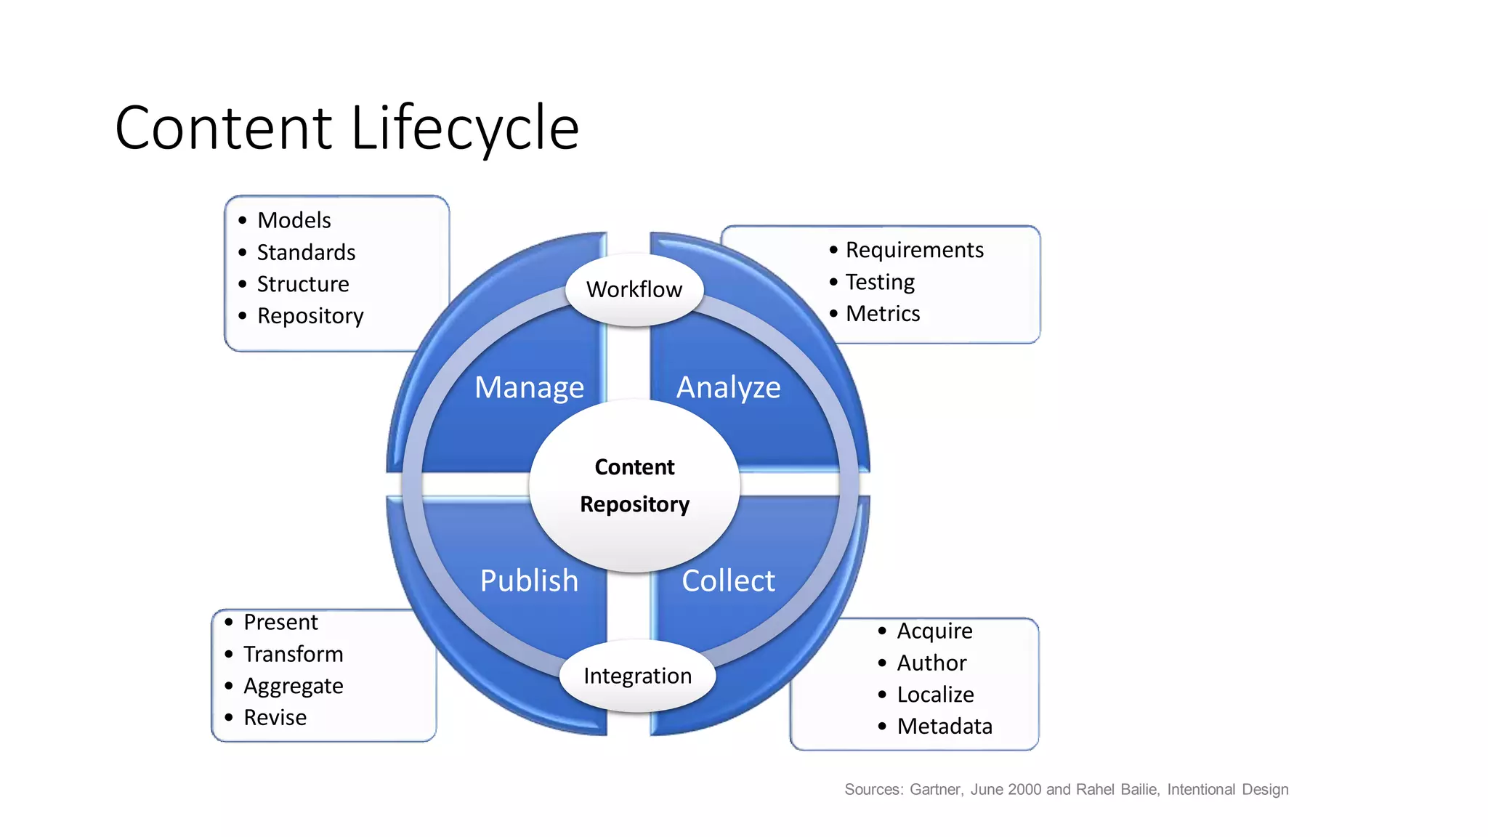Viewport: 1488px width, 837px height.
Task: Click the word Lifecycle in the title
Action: coord(465,129)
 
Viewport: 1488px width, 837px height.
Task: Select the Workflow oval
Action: coord(634,289)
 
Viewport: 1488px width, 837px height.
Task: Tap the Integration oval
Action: coord(637,676)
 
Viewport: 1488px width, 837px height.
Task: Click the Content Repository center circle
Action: coord(634,485)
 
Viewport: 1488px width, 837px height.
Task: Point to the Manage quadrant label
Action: coord(529,388)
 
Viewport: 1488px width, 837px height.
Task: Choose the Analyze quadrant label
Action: coord(728,388)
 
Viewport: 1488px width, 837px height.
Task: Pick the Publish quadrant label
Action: coord(529,581)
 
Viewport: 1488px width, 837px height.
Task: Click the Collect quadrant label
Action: coord(728,581)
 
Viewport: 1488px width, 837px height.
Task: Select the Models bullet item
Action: coord(294,220)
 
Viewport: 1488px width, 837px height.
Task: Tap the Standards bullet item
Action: coord(306,252)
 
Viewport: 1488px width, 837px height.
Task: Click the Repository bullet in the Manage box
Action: coord(310,316)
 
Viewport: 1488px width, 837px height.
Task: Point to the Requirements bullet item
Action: coord(914,250)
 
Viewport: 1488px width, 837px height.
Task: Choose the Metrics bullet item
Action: coord(883,314)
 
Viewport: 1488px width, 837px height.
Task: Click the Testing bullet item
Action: coord(880,282)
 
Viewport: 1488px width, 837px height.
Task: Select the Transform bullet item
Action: coord(293,654)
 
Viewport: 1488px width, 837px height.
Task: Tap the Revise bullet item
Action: coord(275,718)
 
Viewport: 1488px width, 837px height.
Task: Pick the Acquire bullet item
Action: coord(934,631)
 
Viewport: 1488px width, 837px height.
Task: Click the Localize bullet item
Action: coord(935,695)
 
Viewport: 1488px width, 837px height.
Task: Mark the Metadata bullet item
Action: coord(945,727)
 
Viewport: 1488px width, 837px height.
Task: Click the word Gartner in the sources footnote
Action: coord(936,790)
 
